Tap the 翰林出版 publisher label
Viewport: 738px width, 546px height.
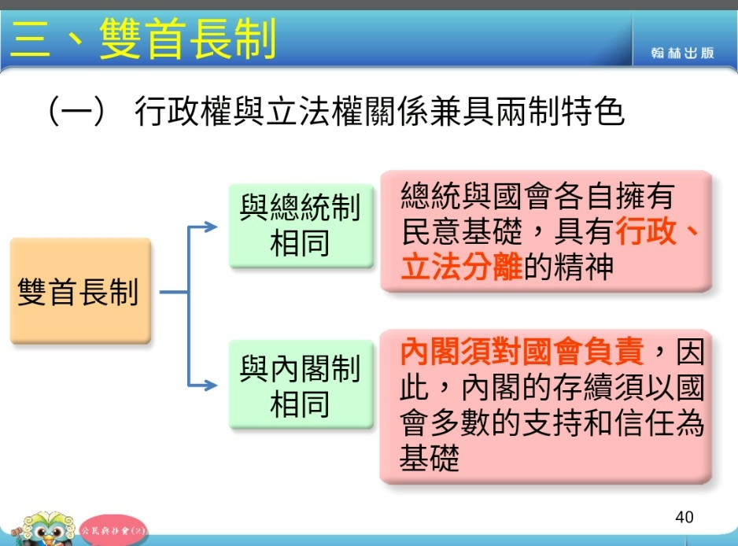[682, 53]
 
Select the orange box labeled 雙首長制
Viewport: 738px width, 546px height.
[80, 291]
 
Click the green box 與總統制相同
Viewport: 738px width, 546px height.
[301, 226]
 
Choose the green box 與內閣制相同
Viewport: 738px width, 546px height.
[301, 385]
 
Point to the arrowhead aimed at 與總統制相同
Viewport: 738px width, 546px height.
[211, 227]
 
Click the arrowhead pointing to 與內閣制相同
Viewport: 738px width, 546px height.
[211, 386]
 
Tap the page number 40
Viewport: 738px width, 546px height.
[684, 518]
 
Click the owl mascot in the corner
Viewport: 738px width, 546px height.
[45, 529]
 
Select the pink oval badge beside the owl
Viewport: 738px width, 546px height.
[113, 531]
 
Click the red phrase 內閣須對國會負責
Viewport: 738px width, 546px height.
[522, 352]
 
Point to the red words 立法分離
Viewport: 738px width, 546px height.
[462, 267]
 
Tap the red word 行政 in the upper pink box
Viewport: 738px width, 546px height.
[646, 231]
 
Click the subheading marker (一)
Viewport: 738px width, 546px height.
[76, 111]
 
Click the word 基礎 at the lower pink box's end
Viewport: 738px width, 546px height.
[430, 458]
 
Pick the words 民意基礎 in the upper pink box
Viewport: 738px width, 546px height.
[462, 231]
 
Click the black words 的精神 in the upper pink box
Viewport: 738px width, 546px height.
[569, 267]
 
